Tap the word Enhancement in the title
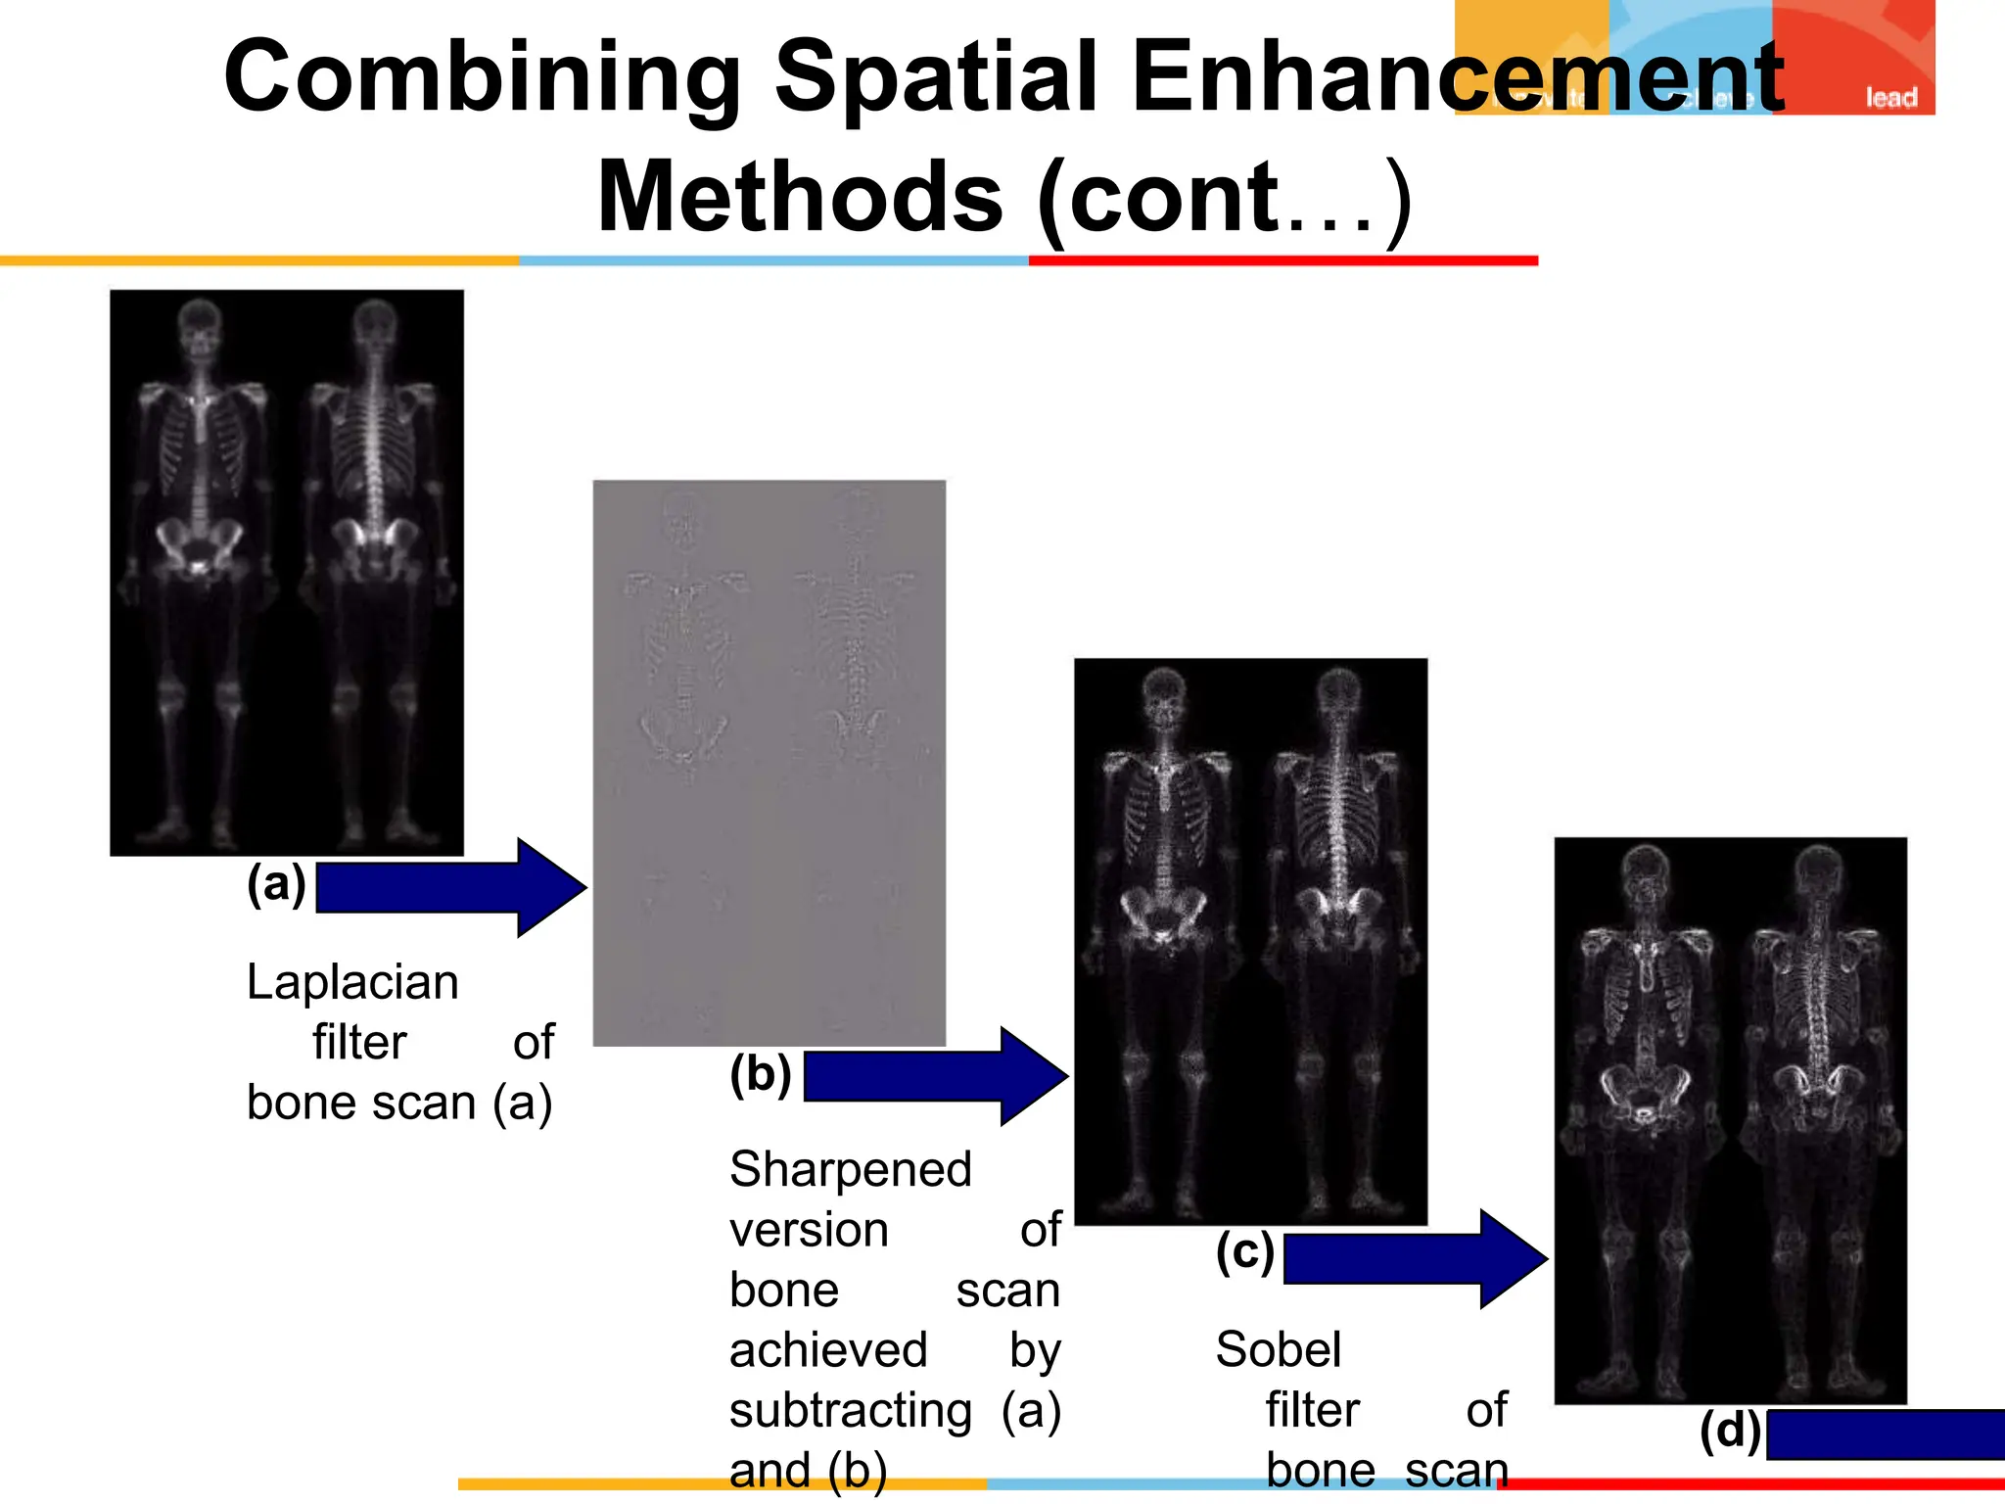point(1459,78)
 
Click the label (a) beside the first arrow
point(276,884)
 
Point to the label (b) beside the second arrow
point(761,1074)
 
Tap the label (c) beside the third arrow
point(1244,1252)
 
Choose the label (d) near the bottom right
point(1730,1432)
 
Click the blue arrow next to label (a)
point(450,888)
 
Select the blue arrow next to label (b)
point(935,1076)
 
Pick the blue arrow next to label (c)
point(1415,1259)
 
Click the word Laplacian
point(352,982)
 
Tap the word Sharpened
point(850,1170)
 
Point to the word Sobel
point(1278,1350)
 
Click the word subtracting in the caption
point(850,1411)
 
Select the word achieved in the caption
point(828,1351)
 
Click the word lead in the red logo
point(1889,98)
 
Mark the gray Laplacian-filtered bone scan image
point(769,763)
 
